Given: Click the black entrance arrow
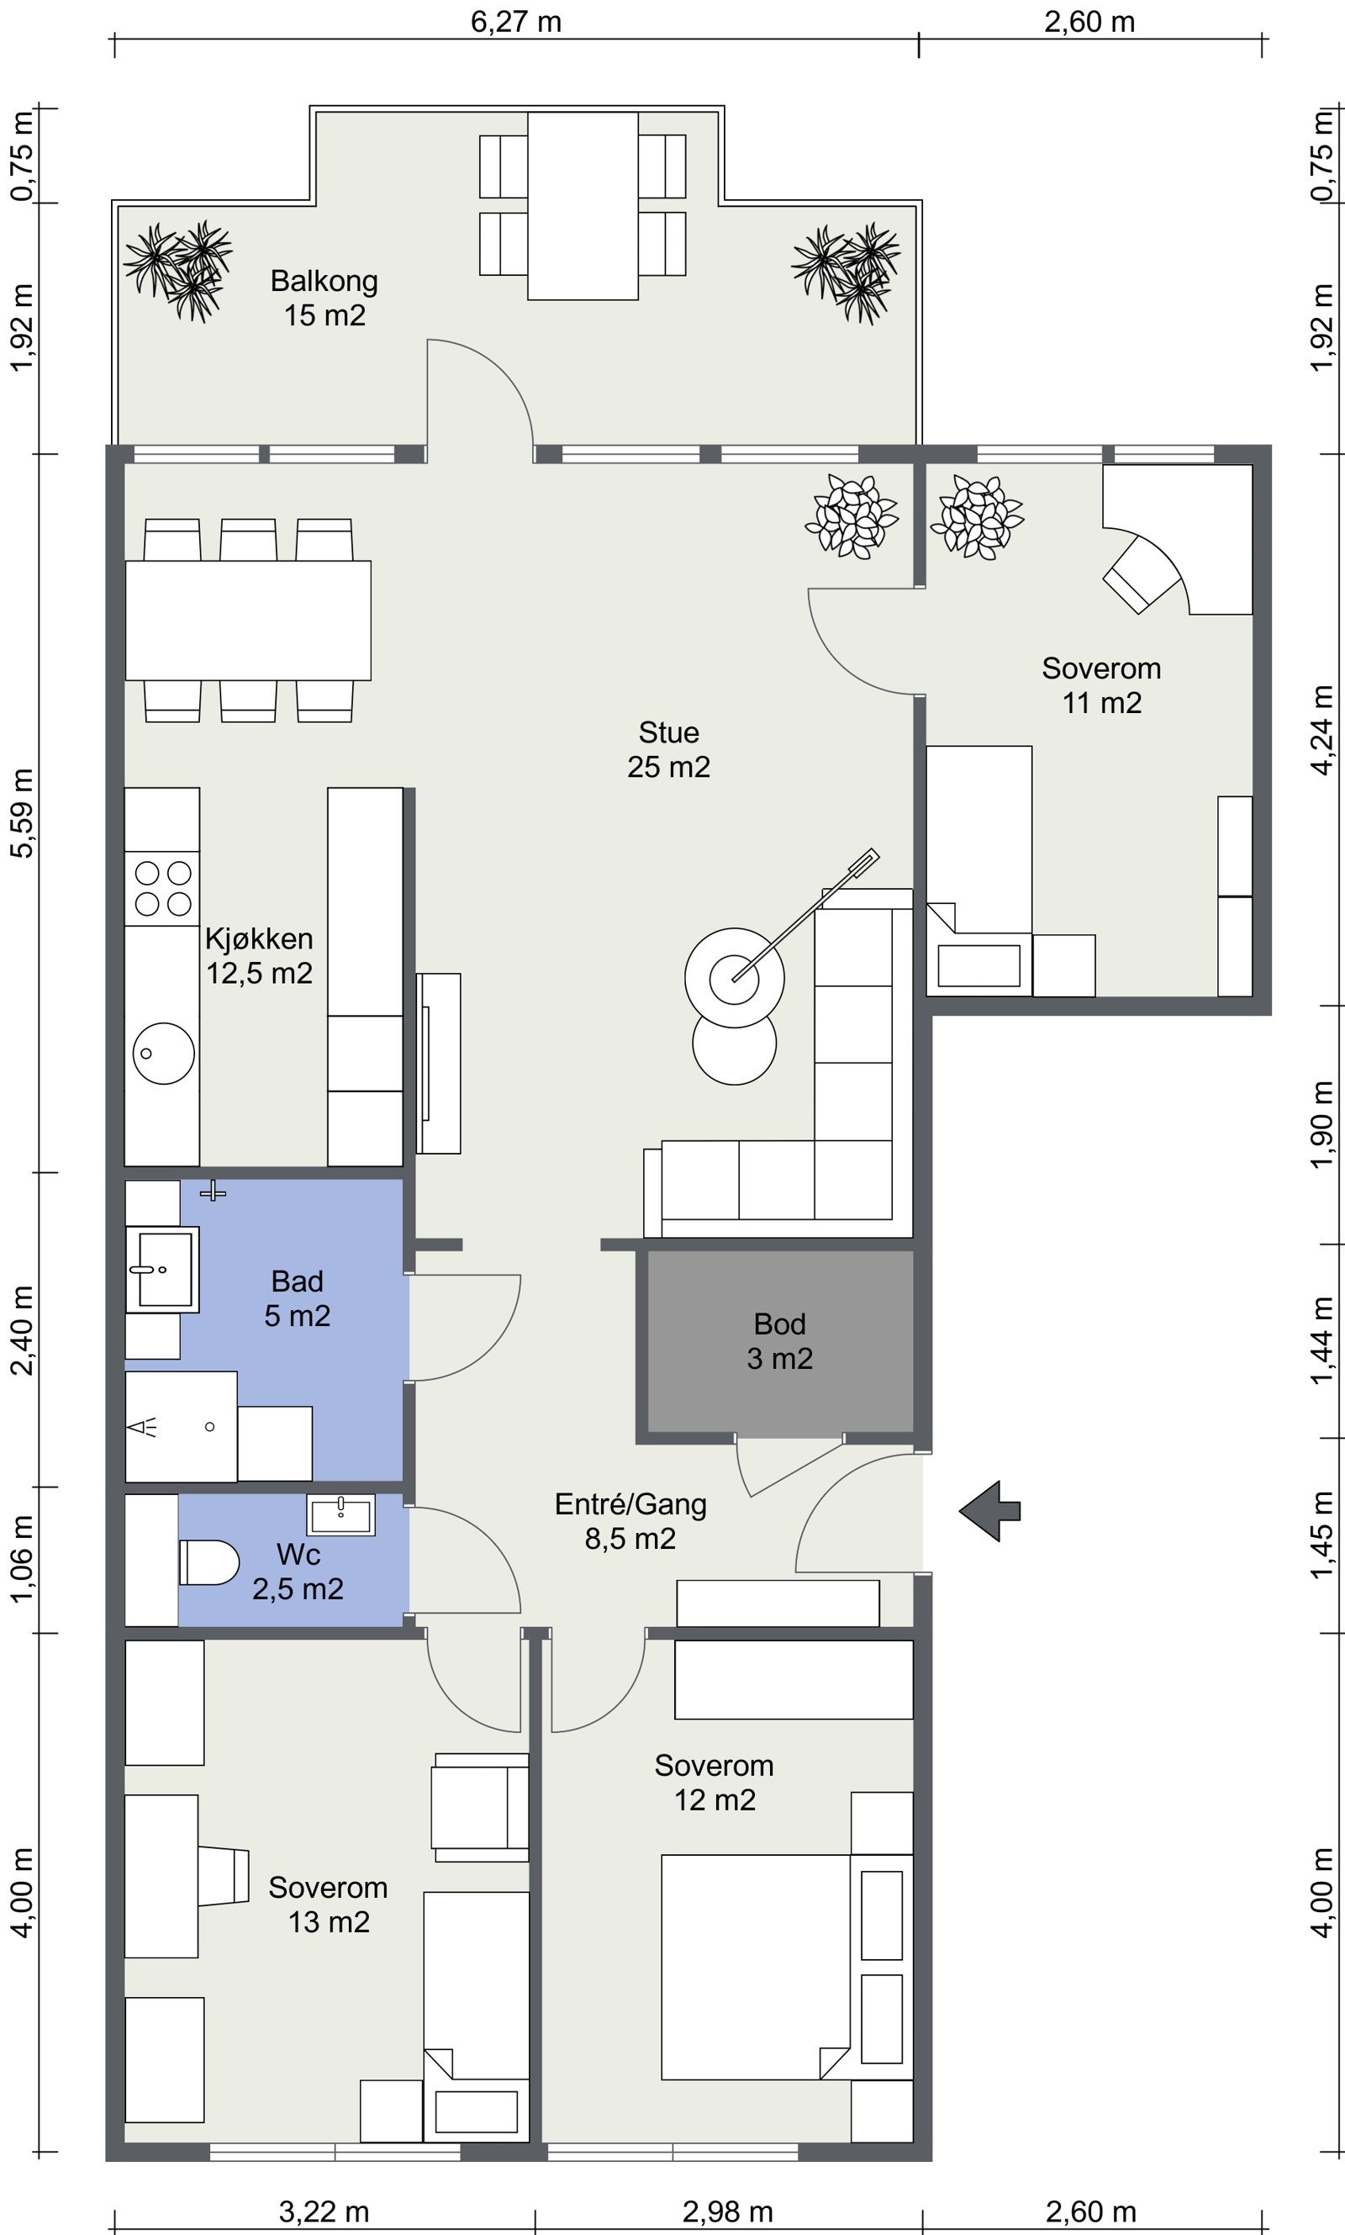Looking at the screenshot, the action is tap(989, 1510).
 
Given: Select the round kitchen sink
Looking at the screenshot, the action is tap(163, 1053).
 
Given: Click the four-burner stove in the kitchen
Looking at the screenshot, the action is tap(162, 888).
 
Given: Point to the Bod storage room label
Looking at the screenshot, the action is tap(779, 1341).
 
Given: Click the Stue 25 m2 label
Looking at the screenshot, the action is tap(669, 749).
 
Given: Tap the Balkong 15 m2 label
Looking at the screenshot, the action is tap(324, 299).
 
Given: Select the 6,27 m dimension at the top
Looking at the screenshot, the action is tap(515, 21).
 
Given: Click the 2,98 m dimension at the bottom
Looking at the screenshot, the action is tap(728, 2211).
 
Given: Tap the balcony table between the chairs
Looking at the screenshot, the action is tap(583, 206).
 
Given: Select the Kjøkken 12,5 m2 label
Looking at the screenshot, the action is tap(259, 955).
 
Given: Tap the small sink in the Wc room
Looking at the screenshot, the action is tap(340, 1514).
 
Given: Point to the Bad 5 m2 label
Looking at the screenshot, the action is tap(298, 1297).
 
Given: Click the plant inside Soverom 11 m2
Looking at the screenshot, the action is tap(976, 516).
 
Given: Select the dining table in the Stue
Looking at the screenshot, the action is tap(247, 620).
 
